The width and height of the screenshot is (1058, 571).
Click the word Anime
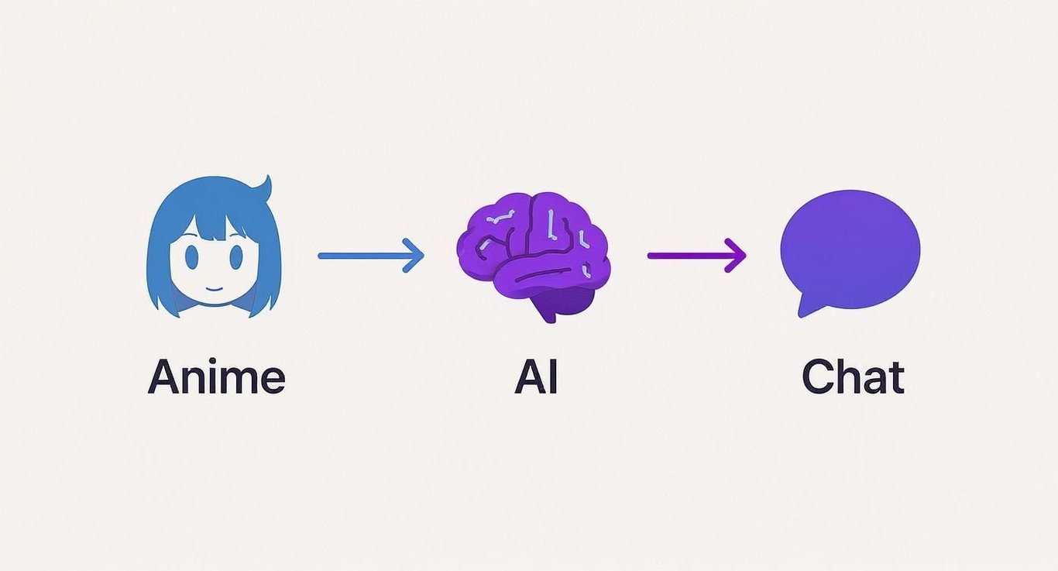[217, 377]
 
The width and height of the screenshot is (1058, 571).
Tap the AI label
[536, 377]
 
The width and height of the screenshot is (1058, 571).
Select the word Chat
[853, 377]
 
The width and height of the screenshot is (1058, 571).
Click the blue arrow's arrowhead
[414, 256]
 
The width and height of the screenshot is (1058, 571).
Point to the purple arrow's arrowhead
[735, 256]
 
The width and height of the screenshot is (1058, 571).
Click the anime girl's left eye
[191, 256]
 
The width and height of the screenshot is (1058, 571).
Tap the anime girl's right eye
[236, 256]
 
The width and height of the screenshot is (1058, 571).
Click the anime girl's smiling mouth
[214, 288]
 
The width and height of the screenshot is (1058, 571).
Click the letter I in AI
[554, 377]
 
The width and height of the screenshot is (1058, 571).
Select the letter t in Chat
[895, 378]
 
